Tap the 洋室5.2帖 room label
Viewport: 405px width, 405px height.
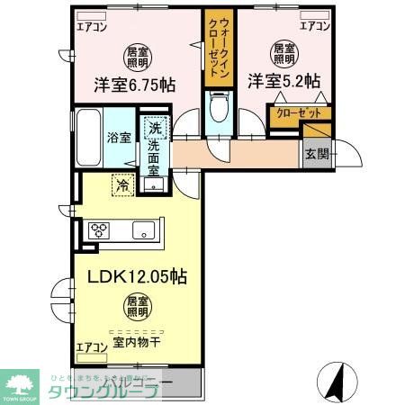pos(283,81)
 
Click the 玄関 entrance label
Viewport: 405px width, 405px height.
pos(317,154)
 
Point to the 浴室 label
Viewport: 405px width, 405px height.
pos(120,138)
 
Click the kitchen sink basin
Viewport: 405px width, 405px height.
pos(144,230)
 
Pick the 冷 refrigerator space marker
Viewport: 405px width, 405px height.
pos(121,185)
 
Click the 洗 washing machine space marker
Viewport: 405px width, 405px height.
pos(157,129)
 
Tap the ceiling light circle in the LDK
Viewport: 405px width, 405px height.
pos(136,308)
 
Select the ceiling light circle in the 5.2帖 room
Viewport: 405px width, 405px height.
pos(283,51)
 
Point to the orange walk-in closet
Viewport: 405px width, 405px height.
pos(217,49)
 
